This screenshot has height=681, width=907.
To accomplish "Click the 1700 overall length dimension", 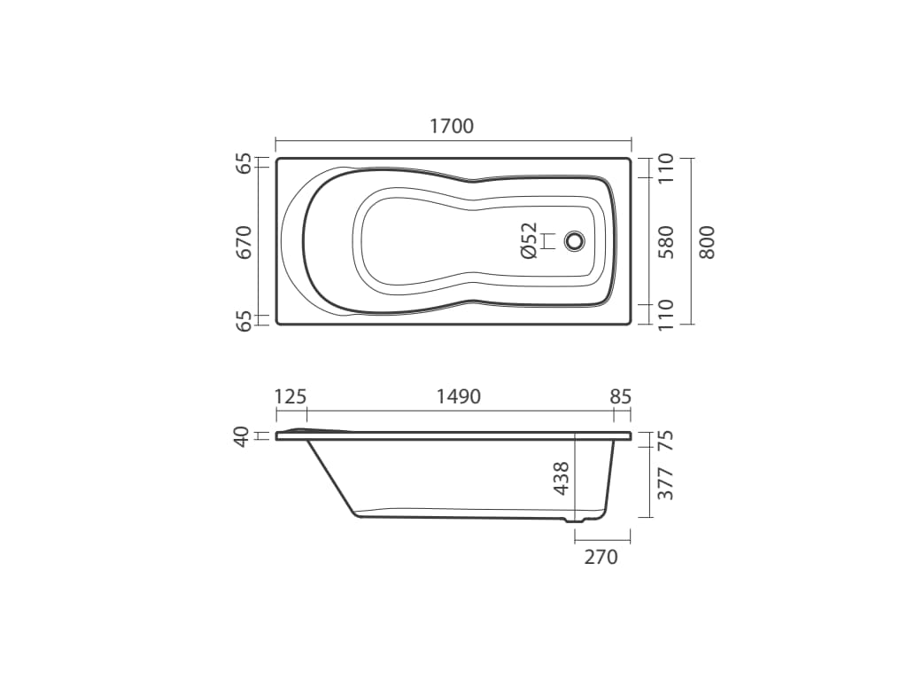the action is click(x=452, y=126).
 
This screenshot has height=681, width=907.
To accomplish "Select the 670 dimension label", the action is click(x=245, y=243).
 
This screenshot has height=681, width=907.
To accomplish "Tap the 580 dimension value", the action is click(x=666, y=242).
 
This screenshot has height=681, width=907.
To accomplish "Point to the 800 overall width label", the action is click(x=708, y=242).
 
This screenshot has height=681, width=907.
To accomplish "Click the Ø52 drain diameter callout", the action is click(x=529, y=240).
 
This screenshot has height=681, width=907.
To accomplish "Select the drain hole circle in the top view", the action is click(x=574, y=241).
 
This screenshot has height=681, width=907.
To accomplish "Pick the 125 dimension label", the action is click(x=291, y=396).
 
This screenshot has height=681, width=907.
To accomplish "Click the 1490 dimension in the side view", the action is click(x=458, y=396).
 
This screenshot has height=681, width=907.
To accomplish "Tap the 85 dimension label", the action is click(x=620, y=396).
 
